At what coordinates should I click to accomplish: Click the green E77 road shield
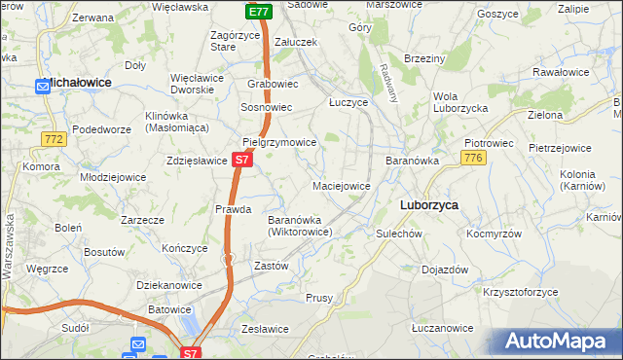[258, 12]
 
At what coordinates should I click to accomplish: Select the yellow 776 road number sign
[474, 159]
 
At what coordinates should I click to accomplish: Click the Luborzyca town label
[429, 205]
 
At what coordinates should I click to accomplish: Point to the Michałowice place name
[94, 85]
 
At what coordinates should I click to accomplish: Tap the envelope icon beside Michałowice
[43, 87]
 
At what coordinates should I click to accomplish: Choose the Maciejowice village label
[341, 185]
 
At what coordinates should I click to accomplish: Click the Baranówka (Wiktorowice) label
[301, 226]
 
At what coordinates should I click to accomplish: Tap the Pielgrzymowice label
[280, 142]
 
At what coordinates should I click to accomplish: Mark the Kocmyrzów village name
[495, 234]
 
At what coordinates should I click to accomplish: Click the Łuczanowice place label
[442, 329]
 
